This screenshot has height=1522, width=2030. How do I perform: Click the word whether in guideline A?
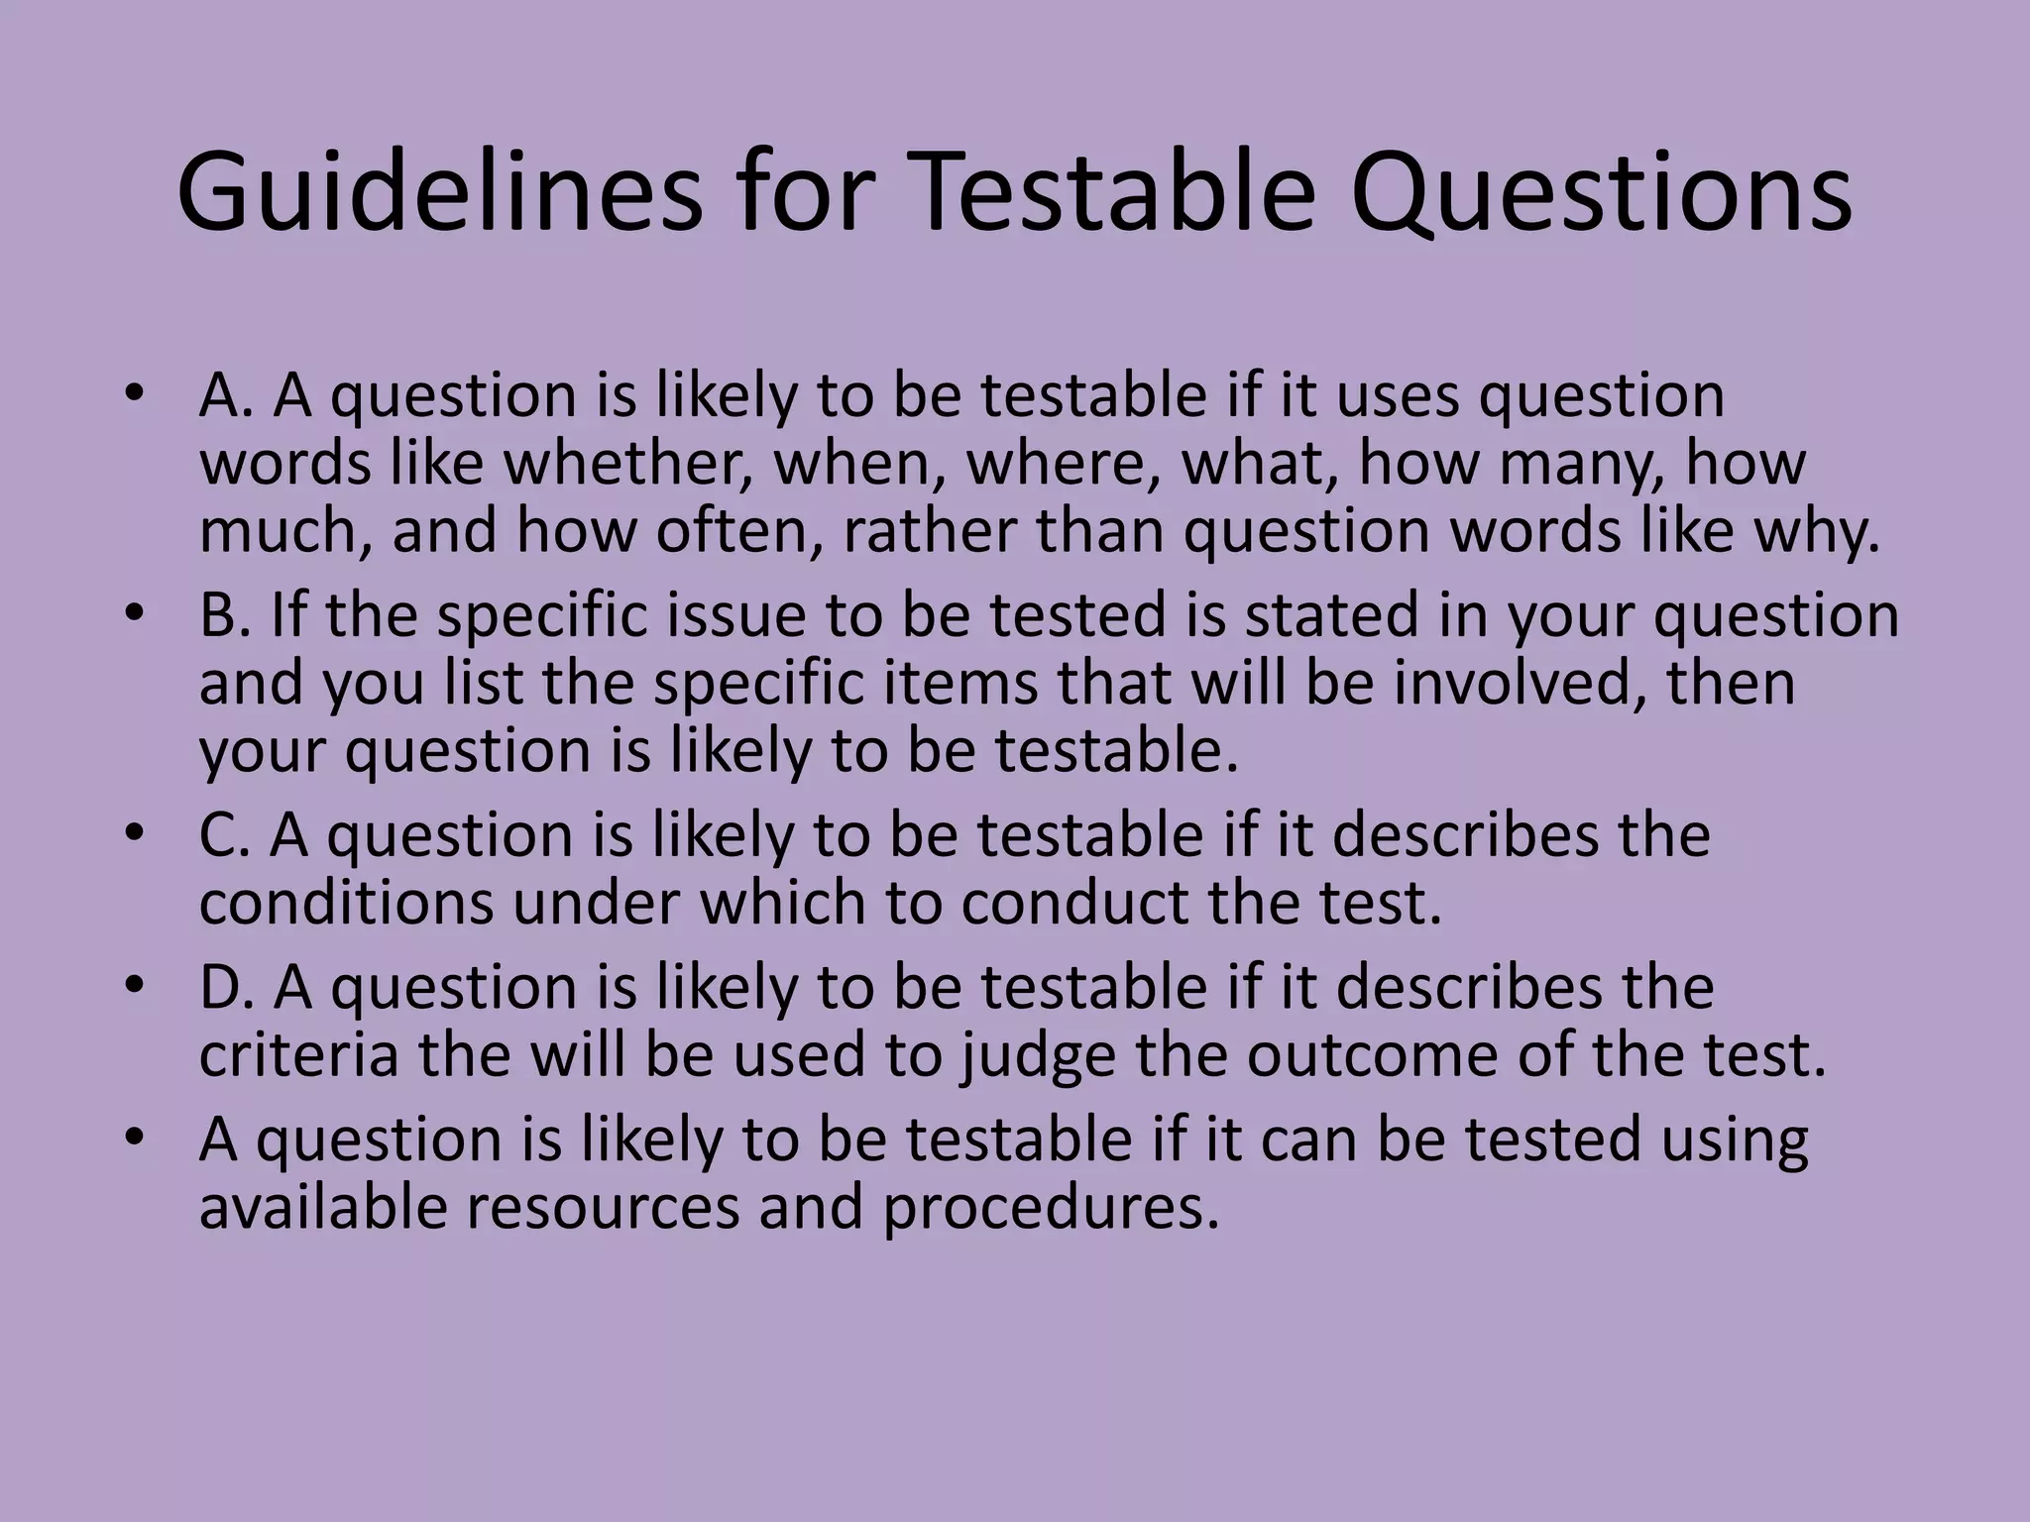pyautogui.click(x=625, y=464)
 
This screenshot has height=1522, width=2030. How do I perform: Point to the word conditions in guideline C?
pyautogui.click(x=345, y=904)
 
